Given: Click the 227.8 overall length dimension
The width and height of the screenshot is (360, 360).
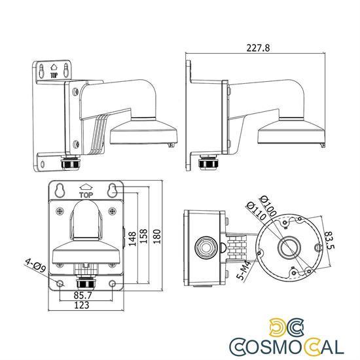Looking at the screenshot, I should [257, 46].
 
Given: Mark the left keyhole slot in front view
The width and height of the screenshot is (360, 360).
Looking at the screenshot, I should [60, 190].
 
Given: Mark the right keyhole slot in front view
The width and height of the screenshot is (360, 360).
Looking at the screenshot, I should [112, 190].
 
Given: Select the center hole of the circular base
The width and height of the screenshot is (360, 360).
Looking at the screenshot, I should [287, 247].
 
